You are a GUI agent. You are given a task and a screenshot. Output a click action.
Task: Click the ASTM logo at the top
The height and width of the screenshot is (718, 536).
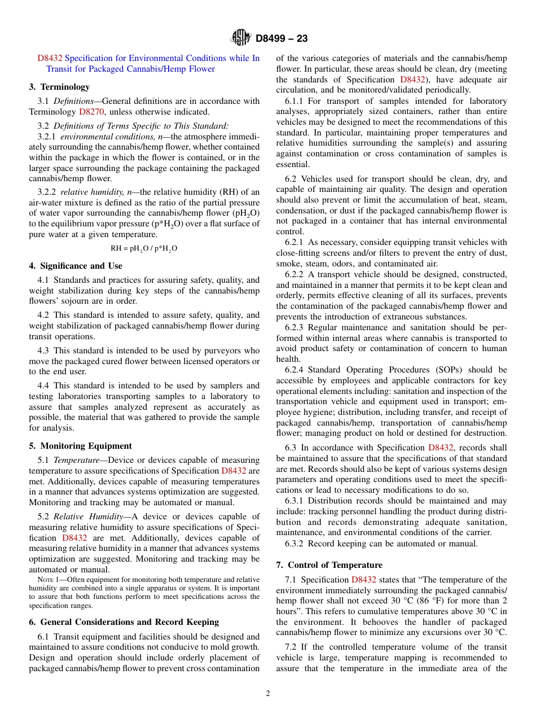click(x=241, y=38)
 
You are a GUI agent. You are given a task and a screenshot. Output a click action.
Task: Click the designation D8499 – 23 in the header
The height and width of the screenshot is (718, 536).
click(x=282, y=38)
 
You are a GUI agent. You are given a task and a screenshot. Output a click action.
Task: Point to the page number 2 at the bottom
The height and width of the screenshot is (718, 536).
click(x=268, y=694)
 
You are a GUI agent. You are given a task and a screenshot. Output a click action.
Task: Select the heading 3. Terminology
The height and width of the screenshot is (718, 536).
click(x=59, y=87)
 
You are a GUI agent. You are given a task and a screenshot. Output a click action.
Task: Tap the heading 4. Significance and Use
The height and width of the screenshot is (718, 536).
click(x=76, y=266)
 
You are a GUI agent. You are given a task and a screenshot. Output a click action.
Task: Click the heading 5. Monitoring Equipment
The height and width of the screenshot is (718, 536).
click(x=80, y=446)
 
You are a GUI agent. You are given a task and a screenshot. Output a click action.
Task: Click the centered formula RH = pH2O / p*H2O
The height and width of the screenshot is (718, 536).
click(x=144, y=248)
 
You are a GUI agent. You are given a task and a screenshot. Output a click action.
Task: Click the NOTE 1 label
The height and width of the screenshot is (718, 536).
click(x=45, y=580)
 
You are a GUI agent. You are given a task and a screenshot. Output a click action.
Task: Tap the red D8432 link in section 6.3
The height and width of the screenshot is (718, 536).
click(x=441, y=448)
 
